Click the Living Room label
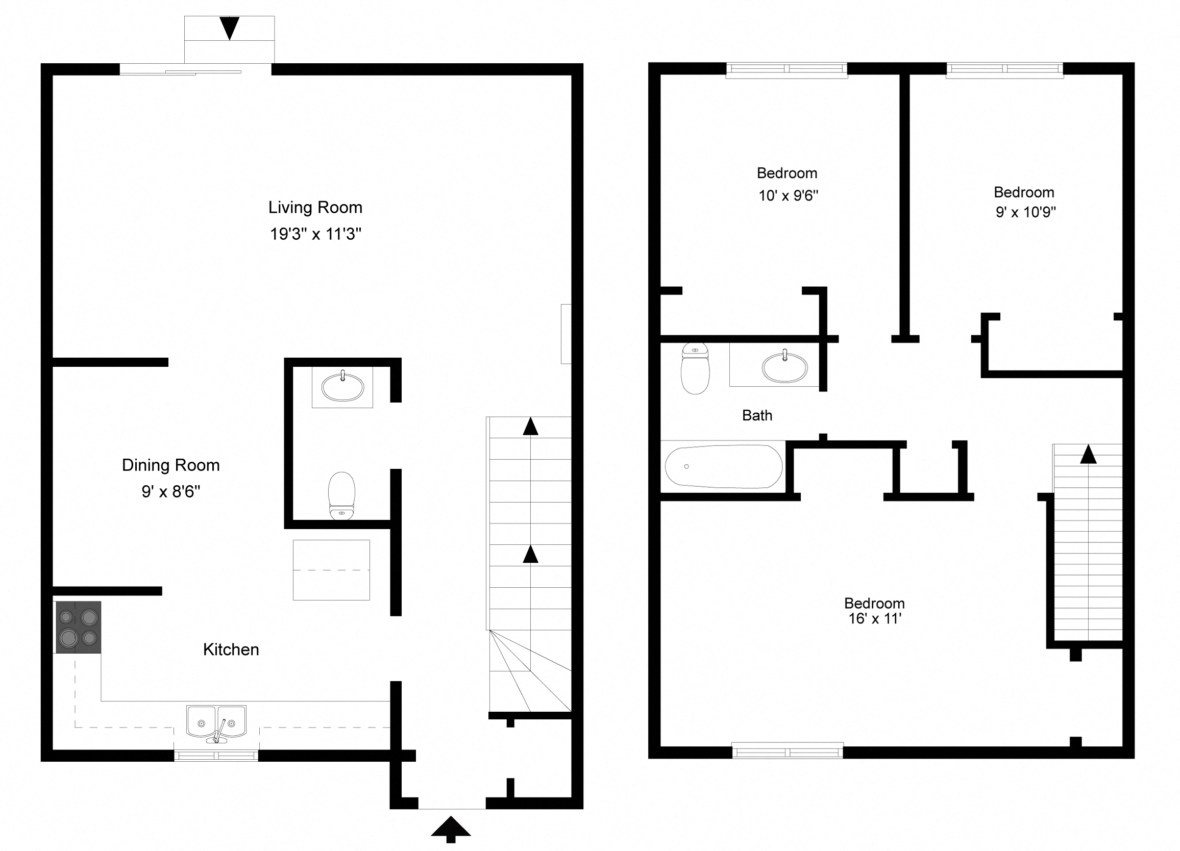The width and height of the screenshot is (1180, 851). click(315, 208)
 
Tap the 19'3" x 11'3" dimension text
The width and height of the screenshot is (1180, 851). click(315, 234)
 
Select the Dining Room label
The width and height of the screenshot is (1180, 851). click(170, 465)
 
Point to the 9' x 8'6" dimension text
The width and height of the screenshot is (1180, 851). click(170, 491)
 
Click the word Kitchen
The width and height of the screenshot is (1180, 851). click(231, 649)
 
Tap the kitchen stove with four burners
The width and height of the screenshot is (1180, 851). click(78, 628)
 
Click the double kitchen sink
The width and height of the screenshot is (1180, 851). click(216, 722)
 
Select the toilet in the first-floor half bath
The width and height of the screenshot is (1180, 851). click(341, 495)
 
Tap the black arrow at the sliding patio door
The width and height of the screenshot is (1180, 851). click(229, 28)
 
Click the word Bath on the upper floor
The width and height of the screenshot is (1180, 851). click(757, 416)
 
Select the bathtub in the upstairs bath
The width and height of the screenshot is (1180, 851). click(723, 467)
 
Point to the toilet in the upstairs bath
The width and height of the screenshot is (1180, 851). click(695, 368)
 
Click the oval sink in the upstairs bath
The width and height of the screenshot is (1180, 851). click(784, 368)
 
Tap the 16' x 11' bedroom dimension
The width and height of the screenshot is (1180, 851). click(875, 619)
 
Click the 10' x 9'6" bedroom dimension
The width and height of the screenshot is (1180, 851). click(788, 196)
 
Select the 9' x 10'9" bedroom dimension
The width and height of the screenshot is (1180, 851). click(1025, 212)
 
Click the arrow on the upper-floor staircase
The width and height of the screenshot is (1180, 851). click(1089, 454)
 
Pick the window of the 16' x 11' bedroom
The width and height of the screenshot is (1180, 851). click(788, 752)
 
